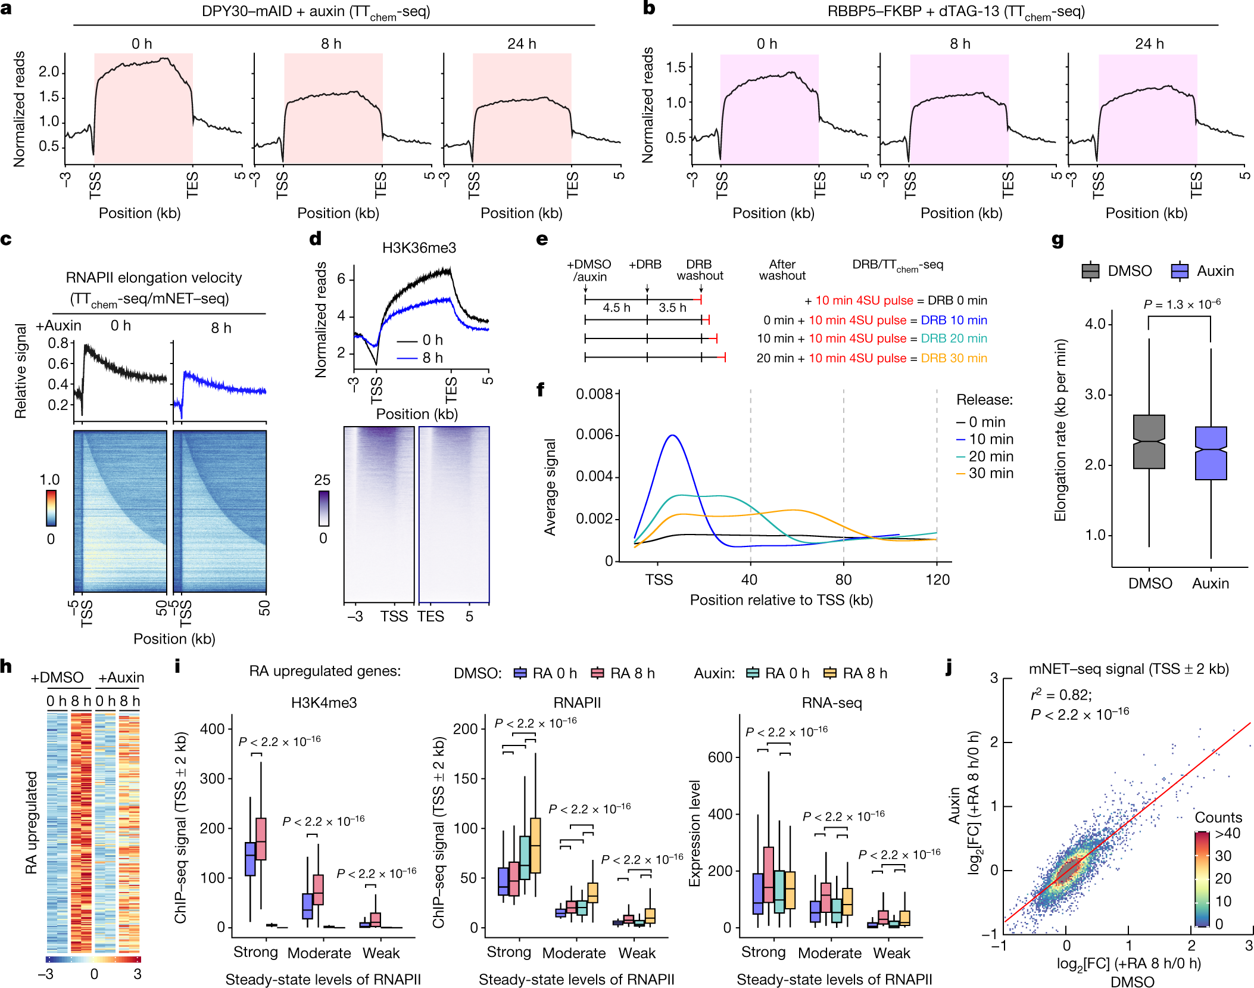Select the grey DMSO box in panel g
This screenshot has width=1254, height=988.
(1149, 442)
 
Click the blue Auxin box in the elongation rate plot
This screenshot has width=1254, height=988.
(1211, 453)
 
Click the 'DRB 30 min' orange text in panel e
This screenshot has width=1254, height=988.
(954, 358)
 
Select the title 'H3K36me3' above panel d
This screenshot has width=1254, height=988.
(419, 248)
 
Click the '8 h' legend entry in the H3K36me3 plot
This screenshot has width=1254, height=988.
(432, 358)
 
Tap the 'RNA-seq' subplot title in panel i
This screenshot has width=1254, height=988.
(832, 703)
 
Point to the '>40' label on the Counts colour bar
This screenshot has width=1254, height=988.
(1227, 833)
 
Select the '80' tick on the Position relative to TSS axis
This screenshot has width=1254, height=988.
(843, 579)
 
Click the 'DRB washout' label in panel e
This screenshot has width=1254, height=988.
(700, 269)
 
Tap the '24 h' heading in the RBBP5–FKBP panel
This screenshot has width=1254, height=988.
(1149, 44)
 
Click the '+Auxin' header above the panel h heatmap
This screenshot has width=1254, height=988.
(121, 678)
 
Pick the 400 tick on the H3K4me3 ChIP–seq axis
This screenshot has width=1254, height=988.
(213, 729)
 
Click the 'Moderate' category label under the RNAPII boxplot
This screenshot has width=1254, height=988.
(573, 953)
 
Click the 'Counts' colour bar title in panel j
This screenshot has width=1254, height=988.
(1218, 817)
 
